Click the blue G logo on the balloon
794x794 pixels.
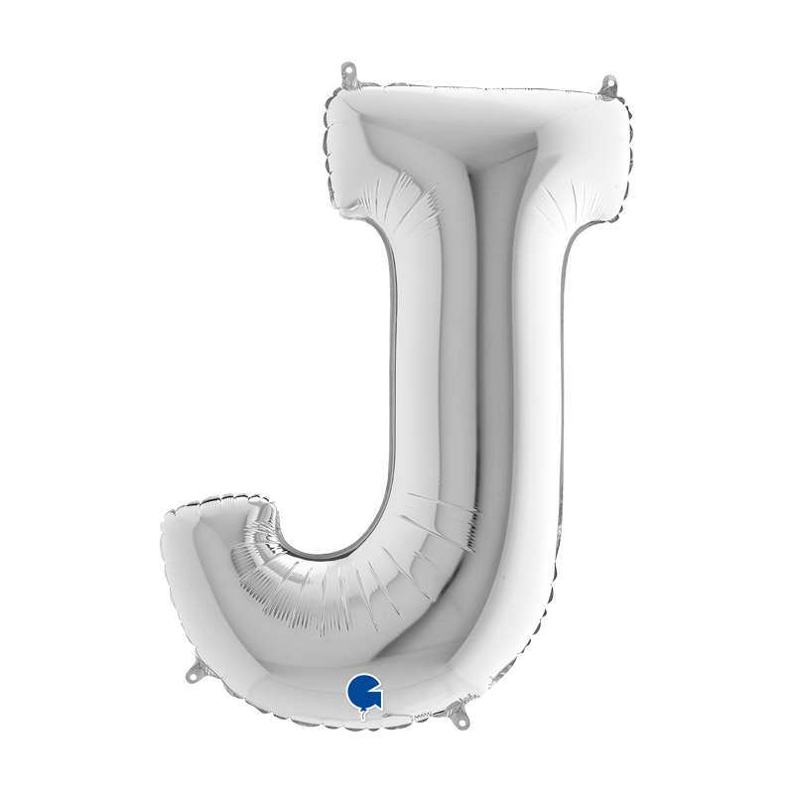[363, 691]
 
